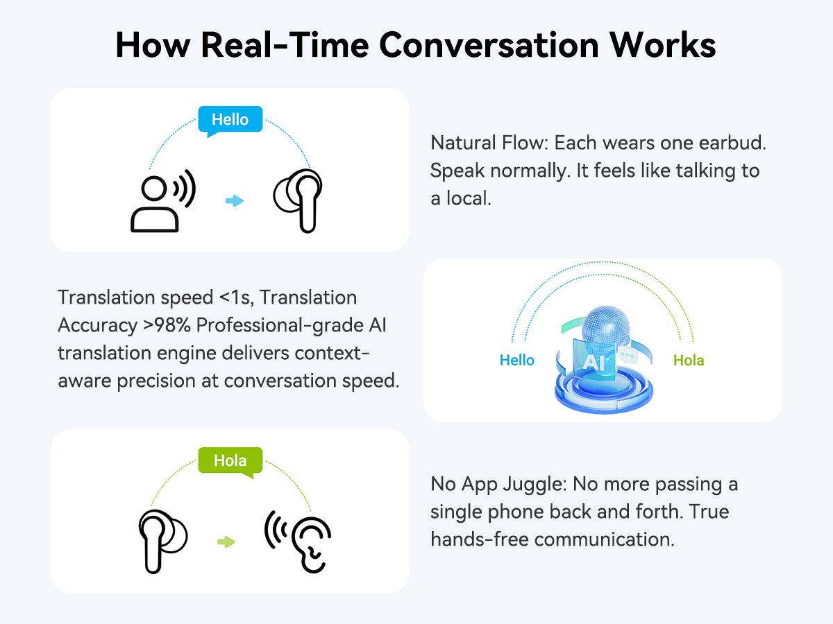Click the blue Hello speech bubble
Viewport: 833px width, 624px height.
click(230, 120)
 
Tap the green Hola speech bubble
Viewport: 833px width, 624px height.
click(230, 460)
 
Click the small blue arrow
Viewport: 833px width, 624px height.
click(235, 201)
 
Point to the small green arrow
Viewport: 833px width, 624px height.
click(226, 541)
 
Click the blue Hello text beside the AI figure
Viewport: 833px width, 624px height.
click(517, 360)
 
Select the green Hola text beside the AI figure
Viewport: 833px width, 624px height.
click(689, 360)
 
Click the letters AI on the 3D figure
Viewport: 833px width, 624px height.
click(594, 362)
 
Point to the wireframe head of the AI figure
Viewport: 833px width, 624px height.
click(606, 325)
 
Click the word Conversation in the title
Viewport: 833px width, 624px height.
click(489, 45)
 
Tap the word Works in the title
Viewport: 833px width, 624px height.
click(663, 45)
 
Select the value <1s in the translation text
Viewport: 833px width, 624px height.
click(237, 297)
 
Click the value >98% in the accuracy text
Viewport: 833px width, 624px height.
click(167, 325)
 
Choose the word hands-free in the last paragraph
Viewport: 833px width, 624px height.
click(480, 539)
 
